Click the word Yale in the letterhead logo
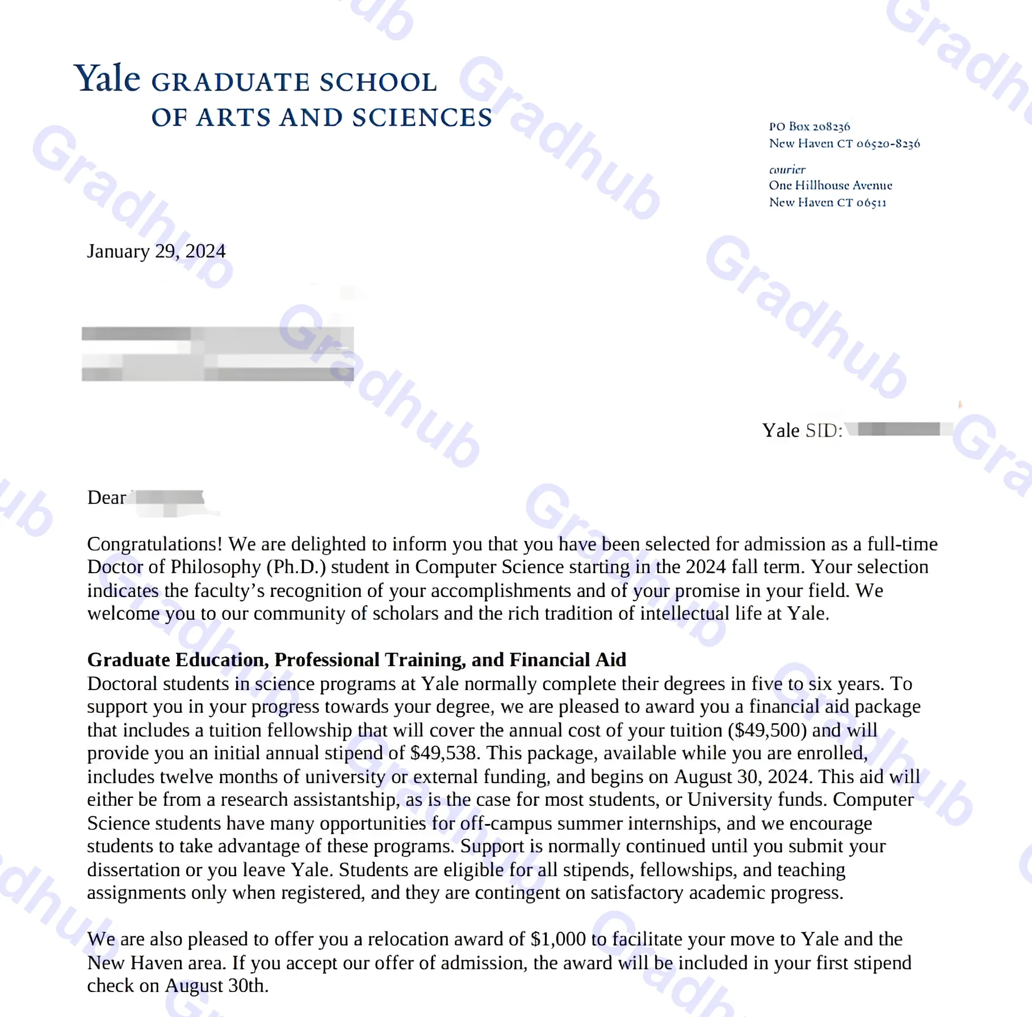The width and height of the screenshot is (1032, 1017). [x=107, y=78]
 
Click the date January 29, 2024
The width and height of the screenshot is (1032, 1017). [x=156, y=251]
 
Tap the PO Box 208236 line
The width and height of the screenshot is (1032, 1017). [x=809, y=126]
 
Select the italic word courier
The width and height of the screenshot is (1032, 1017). [x=787, y=170]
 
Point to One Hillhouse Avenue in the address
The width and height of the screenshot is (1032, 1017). [x=830, y=185]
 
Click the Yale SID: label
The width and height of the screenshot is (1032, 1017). [x=802, y=430]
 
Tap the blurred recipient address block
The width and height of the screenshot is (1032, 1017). [x=217, y=353]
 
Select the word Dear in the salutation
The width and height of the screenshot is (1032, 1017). [x=106, y=498]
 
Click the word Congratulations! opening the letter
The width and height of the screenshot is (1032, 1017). [x=154, y=544]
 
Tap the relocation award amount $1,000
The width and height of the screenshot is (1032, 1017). [x=558, y=939]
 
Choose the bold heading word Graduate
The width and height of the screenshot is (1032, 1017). [x=129, y=660]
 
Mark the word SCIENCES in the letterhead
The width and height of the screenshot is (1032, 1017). [x=422, y=117]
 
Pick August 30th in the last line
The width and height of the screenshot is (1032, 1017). [x=216, y=986]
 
